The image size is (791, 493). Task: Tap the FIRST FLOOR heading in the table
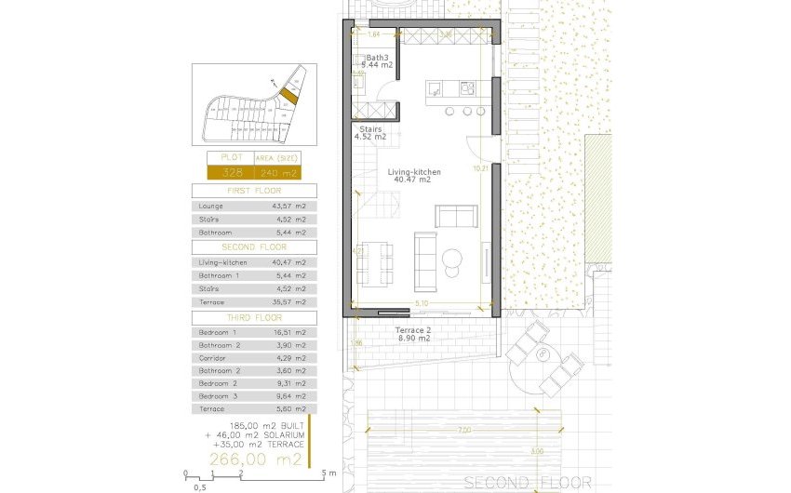[x=254, y=190]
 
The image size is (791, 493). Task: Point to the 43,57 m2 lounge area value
[x=288, y=205]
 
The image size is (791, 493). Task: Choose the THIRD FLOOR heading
[x=254, y=317]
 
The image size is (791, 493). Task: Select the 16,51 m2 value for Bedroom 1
[x=288, y=332]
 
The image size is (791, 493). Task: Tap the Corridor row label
[x=213, y=358]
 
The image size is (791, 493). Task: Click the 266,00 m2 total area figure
[x=255, y=460]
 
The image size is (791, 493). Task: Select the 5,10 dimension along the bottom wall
[x=422, y=304]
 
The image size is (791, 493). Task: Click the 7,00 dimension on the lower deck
[x=464, y=430]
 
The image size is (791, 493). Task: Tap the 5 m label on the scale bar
[x=328, y=473]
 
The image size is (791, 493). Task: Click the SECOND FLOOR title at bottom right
[x=527, y=482]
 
